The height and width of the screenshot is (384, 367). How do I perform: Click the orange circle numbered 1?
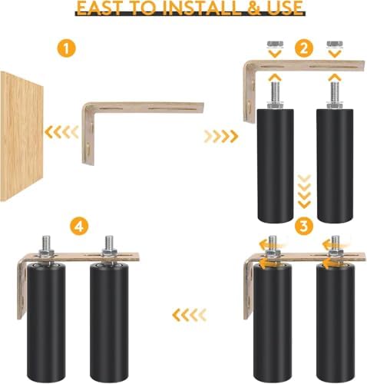tap(69, 47)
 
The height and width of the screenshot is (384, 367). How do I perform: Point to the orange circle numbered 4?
tap(76, 227)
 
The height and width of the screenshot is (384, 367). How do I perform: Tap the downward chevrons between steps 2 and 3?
tap(303, 190)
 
